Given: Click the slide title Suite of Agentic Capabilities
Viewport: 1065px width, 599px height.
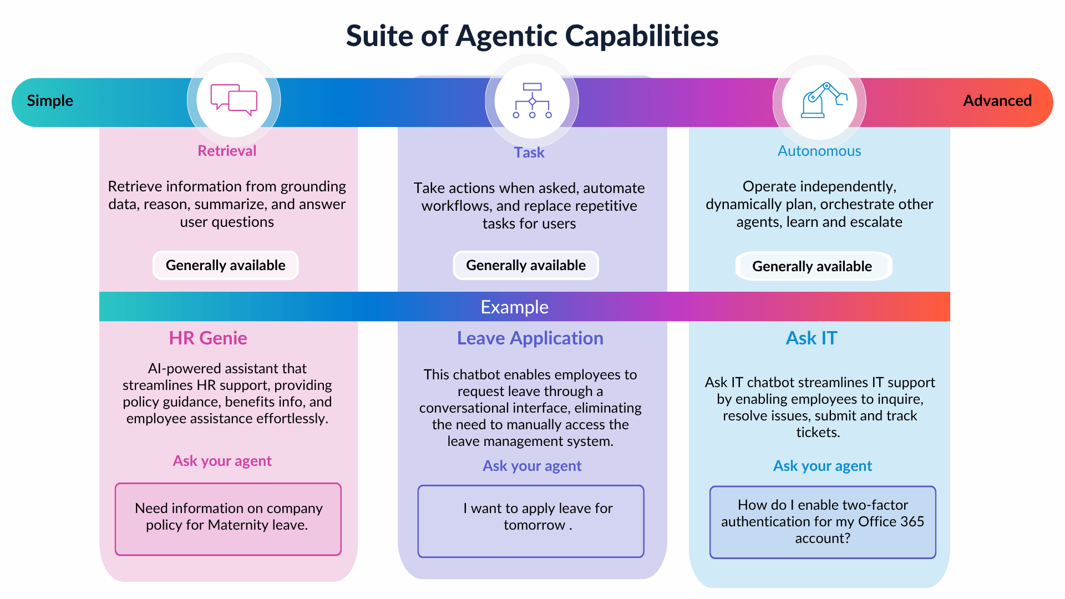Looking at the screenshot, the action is click(532, 36).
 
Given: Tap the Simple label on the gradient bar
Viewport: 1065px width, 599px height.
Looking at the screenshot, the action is click(50, 101).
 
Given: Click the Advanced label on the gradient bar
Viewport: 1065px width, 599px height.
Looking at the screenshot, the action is click(997, 101).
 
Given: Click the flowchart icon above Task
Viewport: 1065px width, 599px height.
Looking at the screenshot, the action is click(532, 100).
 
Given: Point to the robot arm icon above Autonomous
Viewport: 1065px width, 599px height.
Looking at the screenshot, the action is click(824, 100).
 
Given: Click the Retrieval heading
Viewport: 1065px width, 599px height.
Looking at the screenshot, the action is click(227, 151).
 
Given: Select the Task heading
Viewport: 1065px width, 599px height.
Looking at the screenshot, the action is click(529, 153).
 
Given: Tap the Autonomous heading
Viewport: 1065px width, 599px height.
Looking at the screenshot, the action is click(819, 151).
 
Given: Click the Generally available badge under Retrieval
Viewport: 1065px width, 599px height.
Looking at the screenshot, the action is click(226, 265).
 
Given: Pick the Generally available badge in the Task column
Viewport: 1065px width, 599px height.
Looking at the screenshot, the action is click(526, 265).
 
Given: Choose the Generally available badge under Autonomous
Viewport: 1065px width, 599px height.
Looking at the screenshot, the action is click(813, 266).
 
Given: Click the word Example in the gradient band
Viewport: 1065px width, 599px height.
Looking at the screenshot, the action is click(515, 307).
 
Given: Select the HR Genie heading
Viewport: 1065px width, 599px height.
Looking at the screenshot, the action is click(208, 338).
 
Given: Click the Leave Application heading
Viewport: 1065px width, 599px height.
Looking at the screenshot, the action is click(530, 338).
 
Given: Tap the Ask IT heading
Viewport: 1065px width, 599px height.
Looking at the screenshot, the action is click(812, 338).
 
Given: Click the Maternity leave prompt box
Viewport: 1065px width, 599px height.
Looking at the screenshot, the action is click(228, 519).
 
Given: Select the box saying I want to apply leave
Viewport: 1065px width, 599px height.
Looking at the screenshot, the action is click(531, 521).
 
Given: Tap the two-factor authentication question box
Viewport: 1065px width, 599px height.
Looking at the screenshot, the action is click(823, 522).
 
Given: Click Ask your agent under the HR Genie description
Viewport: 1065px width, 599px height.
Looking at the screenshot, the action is click(222, 461).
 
